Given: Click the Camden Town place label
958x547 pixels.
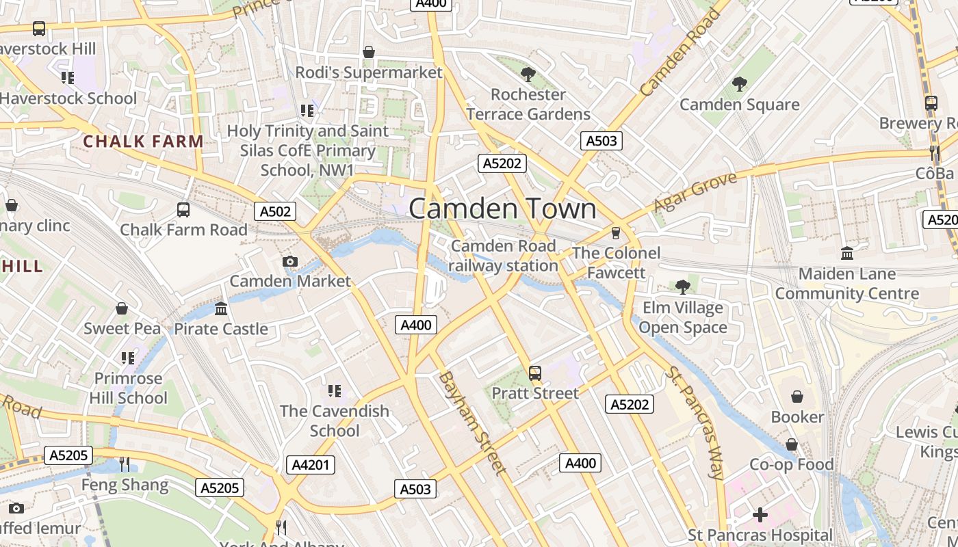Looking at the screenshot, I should pyautogui.click(x=502, y=209).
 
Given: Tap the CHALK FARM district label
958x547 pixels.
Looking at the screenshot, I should pyautogui.click(x=143, y=142).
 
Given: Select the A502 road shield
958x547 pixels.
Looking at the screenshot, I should pyautogui.click(x=276, y=211).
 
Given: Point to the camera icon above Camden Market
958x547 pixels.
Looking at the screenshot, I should pyautogui.click(x=290, y=261).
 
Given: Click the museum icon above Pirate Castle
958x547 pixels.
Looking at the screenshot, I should pyautogui.click(x=221, y=309).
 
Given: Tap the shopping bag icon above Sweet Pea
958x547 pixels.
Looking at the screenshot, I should pyautogui.click(x=122, y=308).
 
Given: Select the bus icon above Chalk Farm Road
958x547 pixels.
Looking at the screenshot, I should pyautogui.click(x=183, y=210).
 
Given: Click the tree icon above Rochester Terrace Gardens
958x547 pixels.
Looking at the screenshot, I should pyautogui.click(x=528, y=74).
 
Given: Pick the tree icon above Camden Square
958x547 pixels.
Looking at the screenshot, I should pyautogui.click(x=739, y=84).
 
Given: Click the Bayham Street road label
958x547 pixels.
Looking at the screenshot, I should pyautogui.click(x=472, y=422).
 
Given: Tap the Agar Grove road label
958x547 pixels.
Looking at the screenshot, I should pyautogui.click(x=695, y=192).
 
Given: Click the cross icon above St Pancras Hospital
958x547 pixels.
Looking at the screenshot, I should pyautogui.click(x=760, y=515).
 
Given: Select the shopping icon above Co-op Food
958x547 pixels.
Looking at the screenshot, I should pyautogui.click(x=792, y=444).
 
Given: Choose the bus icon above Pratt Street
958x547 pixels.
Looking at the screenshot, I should pyautogui.click(x=535, y=373).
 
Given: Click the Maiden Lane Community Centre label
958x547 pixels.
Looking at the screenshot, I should pyautogui.click(x=847, y=284).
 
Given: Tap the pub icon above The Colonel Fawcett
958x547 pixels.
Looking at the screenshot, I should pyautogui.click(x=615, y=233).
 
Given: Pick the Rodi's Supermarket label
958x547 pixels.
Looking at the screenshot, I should pyautogui.click(x=369, y=72).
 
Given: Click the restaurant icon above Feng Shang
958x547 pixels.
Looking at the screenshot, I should pyautogui.click(x=125, y=465).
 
